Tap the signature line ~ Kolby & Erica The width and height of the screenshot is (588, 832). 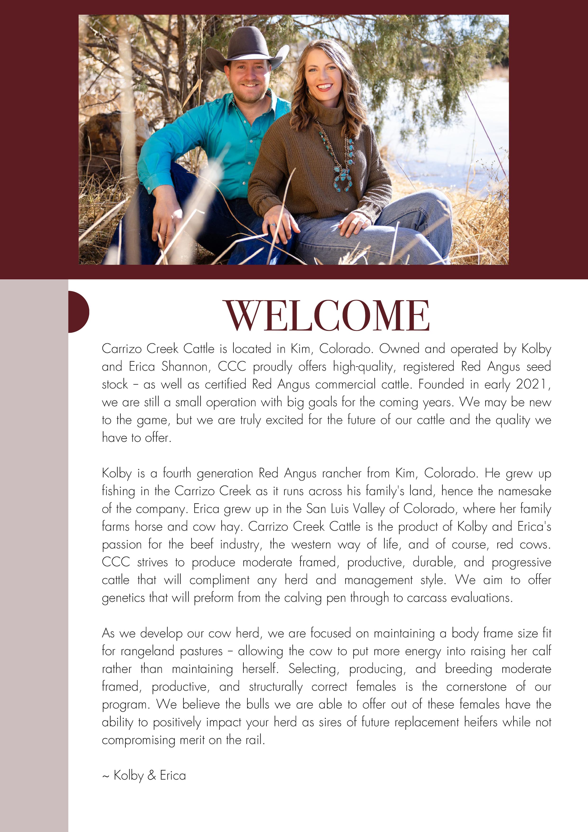point(144,775)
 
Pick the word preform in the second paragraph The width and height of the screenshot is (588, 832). point(213,598)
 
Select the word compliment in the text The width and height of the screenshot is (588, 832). point(219,580)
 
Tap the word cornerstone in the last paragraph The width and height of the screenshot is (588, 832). point(476,686)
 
